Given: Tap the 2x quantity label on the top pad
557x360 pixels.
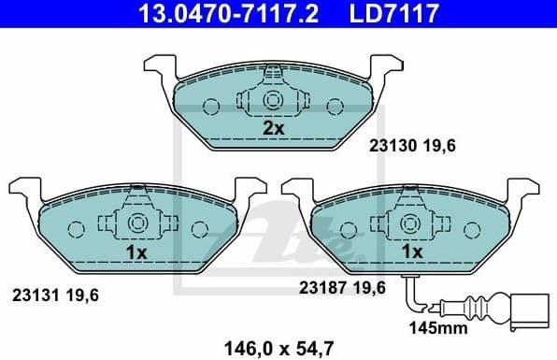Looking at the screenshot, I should (273, 129).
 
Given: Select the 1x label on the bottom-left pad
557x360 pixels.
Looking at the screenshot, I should (136, 252).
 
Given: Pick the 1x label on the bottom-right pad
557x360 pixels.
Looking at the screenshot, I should (410, 252).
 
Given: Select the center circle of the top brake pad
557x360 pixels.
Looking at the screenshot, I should (274, 101).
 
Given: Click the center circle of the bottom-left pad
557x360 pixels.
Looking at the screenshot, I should (136, 223).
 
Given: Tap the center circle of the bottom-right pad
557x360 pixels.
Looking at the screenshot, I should (410, 223).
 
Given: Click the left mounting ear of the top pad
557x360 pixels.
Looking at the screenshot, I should (160, 68).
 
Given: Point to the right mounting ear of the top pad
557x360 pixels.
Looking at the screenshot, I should (387, 68).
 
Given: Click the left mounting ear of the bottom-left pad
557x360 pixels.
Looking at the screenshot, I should (23, 191).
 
